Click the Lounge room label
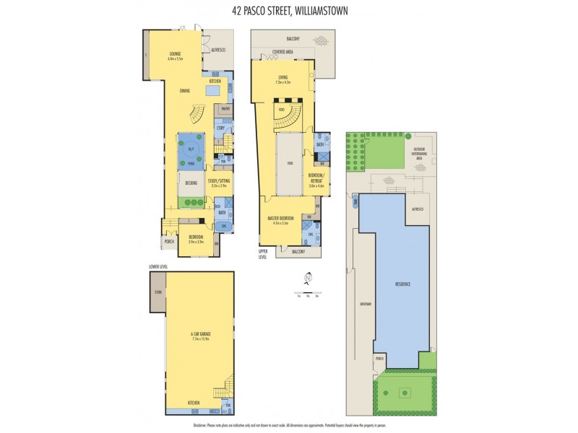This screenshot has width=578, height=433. pos(175,56)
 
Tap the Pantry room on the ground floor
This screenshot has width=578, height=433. pos(225,110)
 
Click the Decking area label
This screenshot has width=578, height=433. pos(191,183)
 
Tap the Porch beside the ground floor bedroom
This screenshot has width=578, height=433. pos(169,241)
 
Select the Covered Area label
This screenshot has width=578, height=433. pos(282,52)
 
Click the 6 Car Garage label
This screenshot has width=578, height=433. pos(191,335)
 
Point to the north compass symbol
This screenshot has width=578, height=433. pos(308,277)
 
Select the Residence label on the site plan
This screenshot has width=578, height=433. pos(402,284)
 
